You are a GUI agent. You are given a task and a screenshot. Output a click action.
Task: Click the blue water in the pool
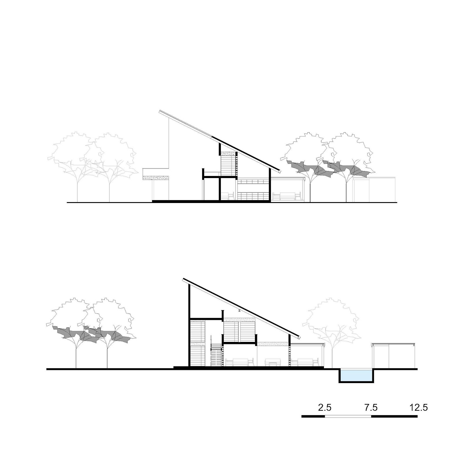tap(356, 376)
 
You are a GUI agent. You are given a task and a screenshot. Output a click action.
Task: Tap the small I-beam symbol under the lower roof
tap(239, 311)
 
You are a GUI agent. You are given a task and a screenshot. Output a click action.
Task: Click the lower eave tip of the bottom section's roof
tap(299, 337)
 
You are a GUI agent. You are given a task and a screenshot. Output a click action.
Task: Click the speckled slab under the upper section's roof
tap(229, 154)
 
